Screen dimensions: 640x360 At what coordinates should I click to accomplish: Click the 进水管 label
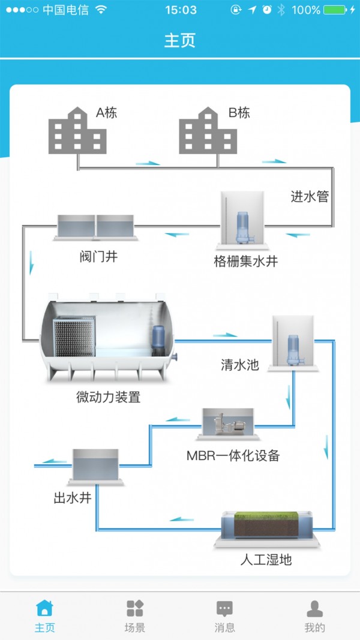click(x=310, y=196)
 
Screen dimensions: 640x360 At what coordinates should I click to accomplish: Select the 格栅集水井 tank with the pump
click(x=242, y=221)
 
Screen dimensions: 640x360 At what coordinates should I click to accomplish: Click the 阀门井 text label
click(x=98, y=257)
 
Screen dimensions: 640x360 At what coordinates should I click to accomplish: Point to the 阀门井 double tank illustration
click(x=96, y=227)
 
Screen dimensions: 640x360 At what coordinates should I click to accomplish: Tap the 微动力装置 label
click(x=108, y=396)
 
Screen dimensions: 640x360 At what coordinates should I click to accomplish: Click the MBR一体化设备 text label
click(x=233, y=455)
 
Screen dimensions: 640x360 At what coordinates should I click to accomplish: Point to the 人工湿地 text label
click(x=266, y=560)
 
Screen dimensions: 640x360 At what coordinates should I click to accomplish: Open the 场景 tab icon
click(x=135, y=608)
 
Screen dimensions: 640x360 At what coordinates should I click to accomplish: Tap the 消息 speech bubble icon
click(x=224, y=608)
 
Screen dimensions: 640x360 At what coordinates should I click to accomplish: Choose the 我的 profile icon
click(x=314, y=608)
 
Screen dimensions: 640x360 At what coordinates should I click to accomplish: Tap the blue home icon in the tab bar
click(x=44, y=608)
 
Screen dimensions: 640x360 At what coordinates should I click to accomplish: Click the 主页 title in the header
click(x=180, y=41)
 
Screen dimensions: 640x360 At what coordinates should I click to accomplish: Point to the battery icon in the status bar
click(x=335, y=10)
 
